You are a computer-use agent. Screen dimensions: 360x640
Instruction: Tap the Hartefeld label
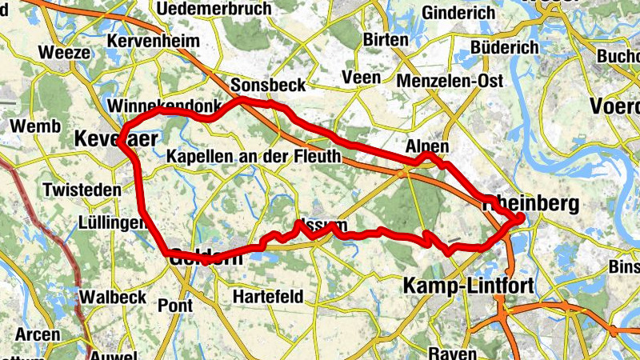pos(268,297)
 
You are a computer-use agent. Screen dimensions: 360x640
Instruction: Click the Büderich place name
pos(505,48)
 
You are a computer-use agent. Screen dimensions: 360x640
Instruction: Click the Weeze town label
pos(62,53)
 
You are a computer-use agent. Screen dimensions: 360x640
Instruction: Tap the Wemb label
pos(34,126)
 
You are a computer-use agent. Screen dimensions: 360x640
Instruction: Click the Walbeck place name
pos(113,297)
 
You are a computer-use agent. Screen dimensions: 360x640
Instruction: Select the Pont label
pos(175,305)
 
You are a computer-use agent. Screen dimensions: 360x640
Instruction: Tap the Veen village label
pos(358,78)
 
